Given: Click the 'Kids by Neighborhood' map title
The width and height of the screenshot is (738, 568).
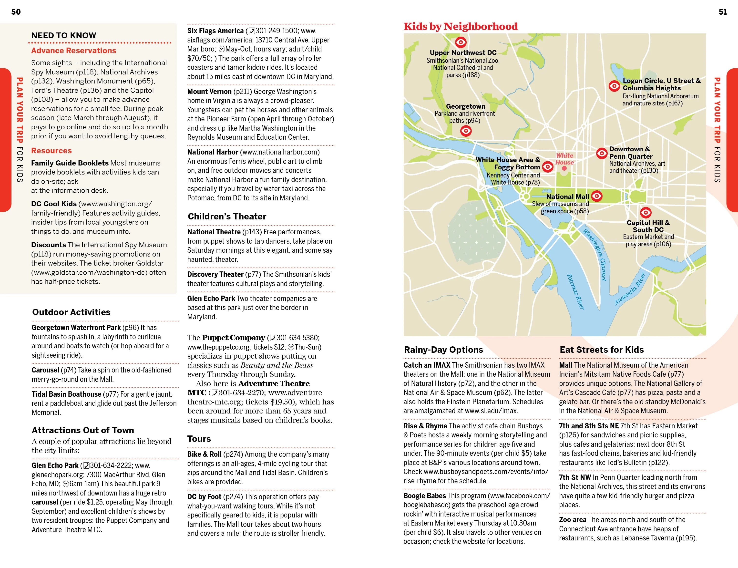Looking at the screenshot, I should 460,26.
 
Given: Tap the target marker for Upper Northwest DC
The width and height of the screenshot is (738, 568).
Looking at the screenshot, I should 461,42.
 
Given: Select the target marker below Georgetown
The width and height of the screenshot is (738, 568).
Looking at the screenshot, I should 466,131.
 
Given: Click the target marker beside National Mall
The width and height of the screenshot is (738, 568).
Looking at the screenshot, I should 597,196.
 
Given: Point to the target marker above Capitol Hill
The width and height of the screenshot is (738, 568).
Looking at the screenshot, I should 646,213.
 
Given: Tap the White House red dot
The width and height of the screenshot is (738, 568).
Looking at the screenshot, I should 564,168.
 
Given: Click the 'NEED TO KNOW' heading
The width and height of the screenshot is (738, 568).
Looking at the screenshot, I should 63,35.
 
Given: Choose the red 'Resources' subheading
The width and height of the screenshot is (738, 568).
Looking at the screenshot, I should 51,151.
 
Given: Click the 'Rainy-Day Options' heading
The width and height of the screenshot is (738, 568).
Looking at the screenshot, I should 443,350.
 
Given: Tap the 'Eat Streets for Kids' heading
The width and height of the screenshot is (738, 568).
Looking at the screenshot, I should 602,350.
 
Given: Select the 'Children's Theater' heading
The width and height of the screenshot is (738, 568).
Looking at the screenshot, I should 227,217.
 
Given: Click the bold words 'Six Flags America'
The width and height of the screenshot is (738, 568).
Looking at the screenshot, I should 215,31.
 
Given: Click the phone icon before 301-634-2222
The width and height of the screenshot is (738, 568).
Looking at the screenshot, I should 86,466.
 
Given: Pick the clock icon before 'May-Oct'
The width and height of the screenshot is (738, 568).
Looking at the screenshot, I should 222,49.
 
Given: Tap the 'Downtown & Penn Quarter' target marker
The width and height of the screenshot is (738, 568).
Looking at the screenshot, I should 602,153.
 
